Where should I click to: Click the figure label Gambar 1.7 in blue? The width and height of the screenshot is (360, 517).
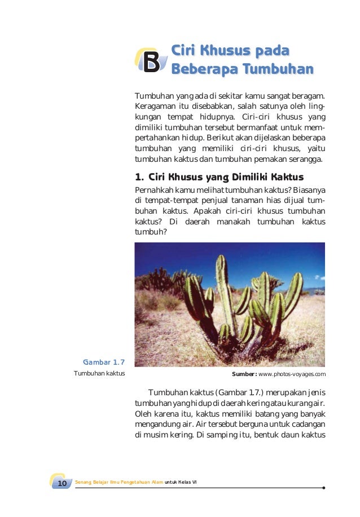pos(104,361)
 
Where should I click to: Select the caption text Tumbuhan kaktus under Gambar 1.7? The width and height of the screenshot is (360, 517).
pos(99,373)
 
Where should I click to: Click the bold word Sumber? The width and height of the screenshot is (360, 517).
pos(244,374)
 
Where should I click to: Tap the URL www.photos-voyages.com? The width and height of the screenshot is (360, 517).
pos(292,374)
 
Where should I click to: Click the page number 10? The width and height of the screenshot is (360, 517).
pos(62,483)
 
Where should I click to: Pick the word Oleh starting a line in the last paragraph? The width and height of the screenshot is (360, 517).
pos(143,414)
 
